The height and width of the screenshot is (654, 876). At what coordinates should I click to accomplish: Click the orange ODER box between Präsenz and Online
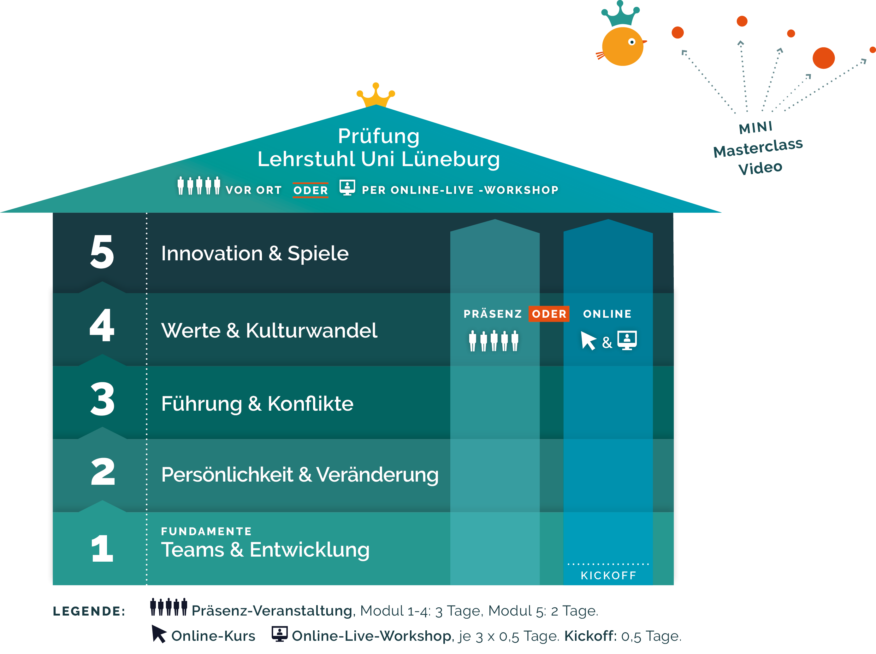(x=549, y=314)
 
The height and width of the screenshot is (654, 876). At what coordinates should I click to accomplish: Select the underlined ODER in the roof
(x=311, y=190)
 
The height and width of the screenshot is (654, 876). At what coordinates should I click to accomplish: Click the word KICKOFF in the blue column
(x=608, y=576)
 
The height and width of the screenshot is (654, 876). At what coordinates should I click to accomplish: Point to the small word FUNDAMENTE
(x=206, y=531)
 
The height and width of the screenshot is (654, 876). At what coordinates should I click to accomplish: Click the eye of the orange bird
(x=632, y=42)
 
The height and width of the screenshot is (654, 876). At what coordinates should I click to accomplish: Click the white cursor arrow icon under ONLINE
(x=588, y=340)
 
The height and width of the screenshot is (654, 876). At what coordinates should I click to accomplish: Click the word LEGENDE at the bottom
(x=89, y=611)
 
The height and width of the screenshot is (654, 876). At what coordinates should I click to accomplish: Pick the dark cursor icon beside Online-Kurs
(x=159, y=634)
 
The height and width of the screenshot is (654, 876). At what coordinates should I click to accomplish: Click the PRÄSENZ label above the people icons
(x=493, y=314)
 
